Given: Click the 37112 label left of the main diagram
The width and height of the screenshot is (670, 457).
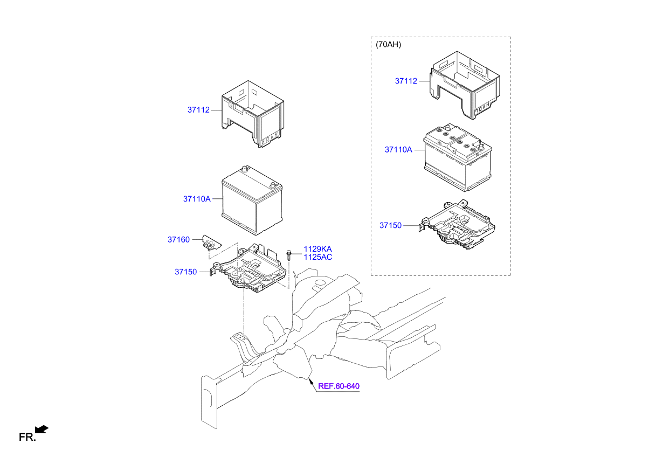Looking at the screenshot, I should [x=198, y=110].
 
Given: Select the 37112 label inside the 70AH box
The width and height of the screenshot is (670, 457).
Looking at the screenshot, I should [x=406, y=81].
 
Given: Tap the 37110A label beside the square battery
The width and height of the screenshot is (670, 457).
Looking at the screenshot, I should [x=196, y=199].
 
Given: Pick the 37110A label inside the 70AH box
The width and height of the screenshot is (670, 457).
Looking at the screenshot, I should [x=398, y=149].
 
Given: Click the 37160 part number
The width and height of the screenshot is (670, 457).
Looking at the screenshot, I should [x=178, y=239].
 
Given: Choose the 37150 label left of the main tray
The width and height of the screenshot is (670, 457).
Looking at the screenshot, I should [x=185, y=272].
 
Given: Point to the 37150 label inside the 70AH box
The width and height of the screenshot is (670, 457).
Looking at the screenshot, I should [x=390, y=225].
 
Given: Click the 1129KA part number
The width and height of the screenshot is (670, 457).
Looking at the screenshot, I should [x=317, y=249].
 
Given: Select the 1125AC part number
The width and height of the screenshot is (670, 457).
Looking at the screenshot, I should [x=317, y=257].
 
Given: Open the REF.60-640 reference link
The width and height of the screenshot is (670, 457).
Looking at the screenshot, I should [x=339, y=386].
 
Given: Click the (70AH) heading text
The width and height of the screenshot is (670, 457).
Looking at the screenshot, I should [x=388, y=45].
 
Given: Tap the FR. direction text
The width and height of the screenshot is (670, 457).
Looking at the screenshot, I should [x=26, y=438].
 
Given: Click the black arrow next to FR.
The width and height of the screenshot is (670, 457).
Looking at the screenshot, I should [x=42, y=429].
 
